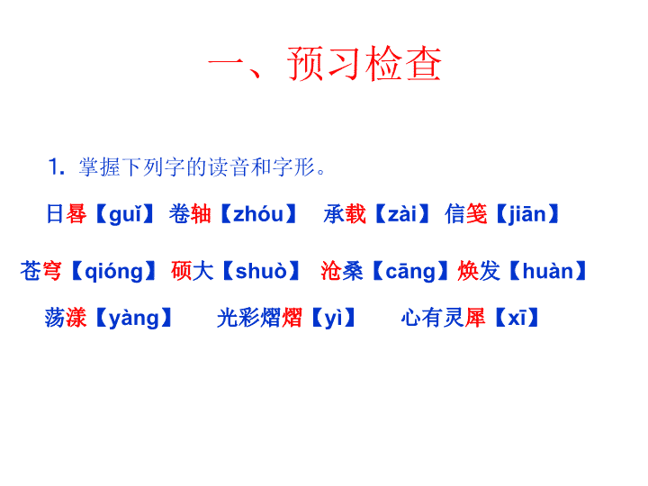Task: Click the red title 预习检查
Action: click(364, 63)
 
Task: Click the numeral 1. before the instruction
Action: click(56, 167)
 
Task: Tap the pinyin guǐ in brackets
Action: click(125, 214)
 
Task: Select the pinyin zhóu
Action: click(258, 214)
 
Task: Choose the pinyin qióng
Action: click(113, 272)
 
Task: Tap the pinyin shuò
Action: click(261, 271)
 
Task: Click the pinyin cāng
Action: click(410, 272)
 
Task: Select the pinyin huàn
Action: click(548, 271)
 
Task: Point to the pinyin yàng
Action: click(134, 319)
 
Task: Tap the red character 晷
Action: click(76, 214)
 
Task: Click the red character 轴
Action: click(201, 214)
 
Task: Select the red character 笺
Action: click(476, 214)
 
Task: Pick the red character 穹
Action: click(51, 271)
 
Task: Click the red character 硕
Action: click(182, 271)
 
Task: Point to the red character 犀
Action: click(475, 318)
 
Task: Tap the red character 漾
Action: click(76, 318)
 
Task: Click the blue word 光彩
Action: click(238, 318)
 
